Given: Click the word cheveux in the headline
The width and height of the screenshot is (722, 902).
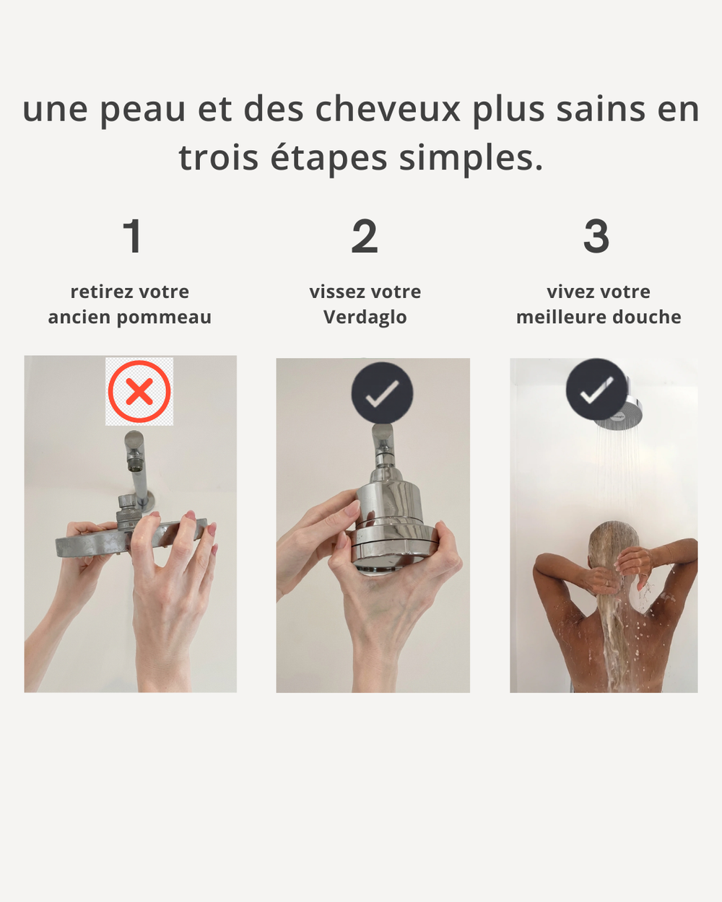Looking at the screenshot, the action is [387, 110].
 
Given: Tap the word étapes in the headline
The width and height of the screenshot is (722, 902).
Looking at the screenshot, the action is [329, 159].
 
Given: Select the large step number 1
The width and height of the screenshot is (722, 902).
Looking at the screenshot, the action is [133, 236].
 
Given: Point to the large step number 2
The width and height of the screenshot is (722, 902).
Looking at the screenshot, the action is [365, 236].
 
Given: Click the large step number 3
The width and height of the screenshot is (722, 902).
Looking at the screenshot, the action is [596, 236].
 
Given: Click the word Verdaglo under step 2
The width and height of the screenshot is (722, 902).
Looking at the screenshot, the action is [365, 317].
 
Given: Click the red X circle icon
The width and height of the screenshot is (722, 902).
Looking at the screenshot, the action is [139, 391].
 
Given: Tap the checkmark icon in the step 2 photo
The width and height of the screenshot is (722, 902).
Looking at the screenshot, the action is [382, 393].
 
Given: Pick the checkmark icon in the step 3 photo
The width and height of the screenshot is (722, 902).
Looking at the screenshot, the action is [596, 390].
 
